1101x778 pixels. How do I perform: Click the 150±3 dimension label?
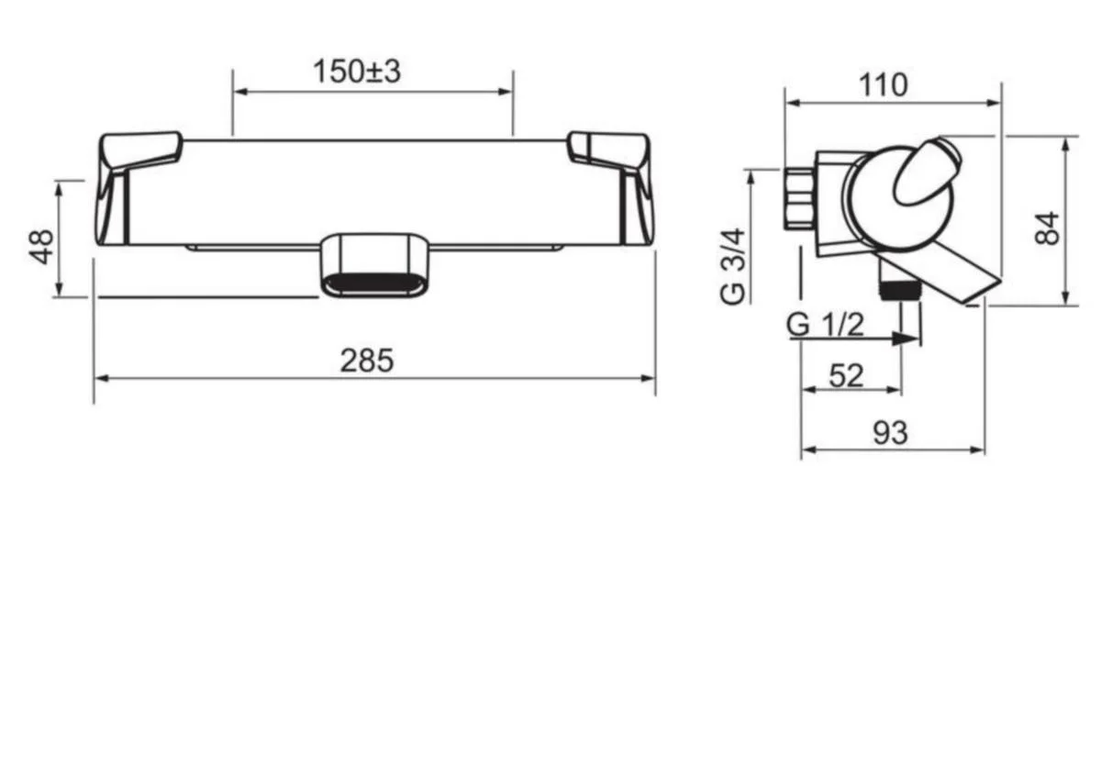(357, 72)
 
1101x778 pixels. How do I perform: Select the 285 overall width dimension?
(367, 361)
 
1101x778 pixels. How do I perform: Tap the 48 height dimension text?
(42, 247)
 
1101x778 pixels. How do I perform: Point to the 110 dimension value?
(883, 85)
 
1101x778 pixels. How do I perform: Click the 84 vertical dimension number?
(1047, 228)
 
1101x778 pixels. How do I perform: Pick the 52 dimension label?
(846, 376)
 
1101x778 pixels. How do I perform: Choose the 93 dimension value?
(890, 433)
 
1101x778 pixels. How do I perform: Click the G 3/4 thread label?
(732, 266)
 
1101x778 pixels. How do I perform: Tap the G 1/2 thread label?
(825, 325)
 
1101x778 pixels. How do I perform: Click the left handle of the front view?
(133, 187)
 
